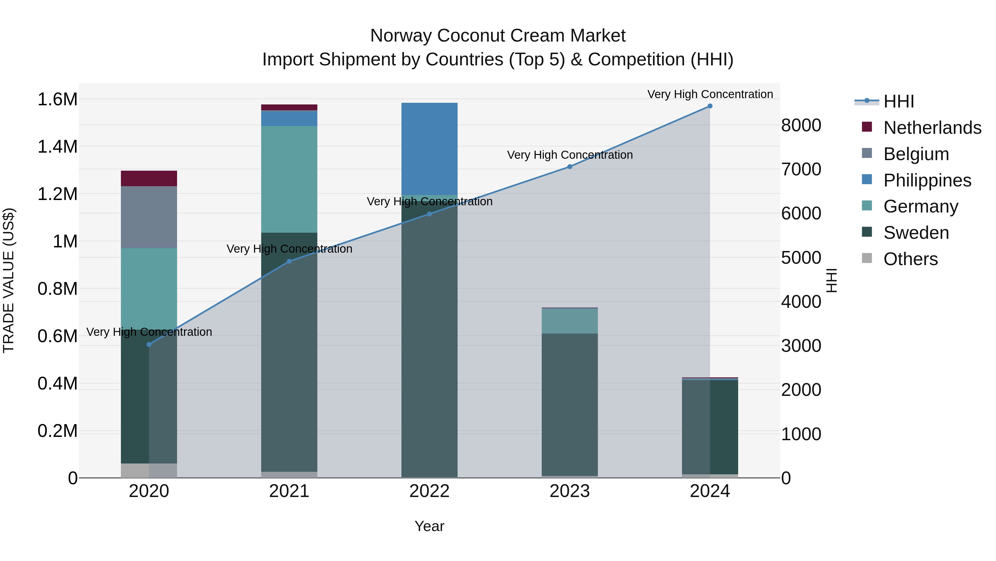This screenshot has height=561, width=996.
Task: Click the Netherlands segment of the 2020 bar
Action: click(x=149, y=178)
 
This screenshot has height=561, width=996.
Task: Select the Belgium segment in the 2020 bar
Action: click(x=149, y=217)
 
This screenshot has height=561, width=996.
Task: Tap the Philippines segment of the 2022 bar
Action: click(x=429, y=149)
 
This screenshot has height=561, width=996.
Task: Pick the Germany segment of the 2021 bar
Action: click(x=289, y=179)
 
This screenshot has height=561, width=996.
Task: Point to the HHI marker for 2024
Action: click(x=710, y=106)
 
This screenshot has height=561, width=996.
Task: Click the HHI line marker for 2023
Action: click(x=570, y=167)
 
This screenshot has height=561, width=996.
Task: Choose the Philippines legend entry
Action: click(x=927, y=180)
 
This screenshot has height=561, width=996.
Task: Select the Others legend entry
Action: click(x=910, y=259)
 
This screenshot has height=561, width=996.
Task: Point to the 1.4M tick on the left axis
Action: click(x=57, y=147)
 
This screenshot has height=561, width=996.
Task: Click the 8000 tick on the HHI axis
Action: click(x=801, y=125)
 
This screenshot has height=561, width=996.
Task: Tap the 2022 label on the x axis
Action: click(x=429, y=491)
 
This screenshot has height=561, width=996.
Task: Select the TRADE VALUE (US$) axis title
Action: click(x=9, y=280)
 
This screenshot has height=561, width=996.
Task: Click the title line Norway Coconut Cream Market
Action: click(x=498, y=36)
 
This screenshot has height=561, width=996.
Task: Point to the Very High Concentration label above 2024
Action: click(x=710, y=94)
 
